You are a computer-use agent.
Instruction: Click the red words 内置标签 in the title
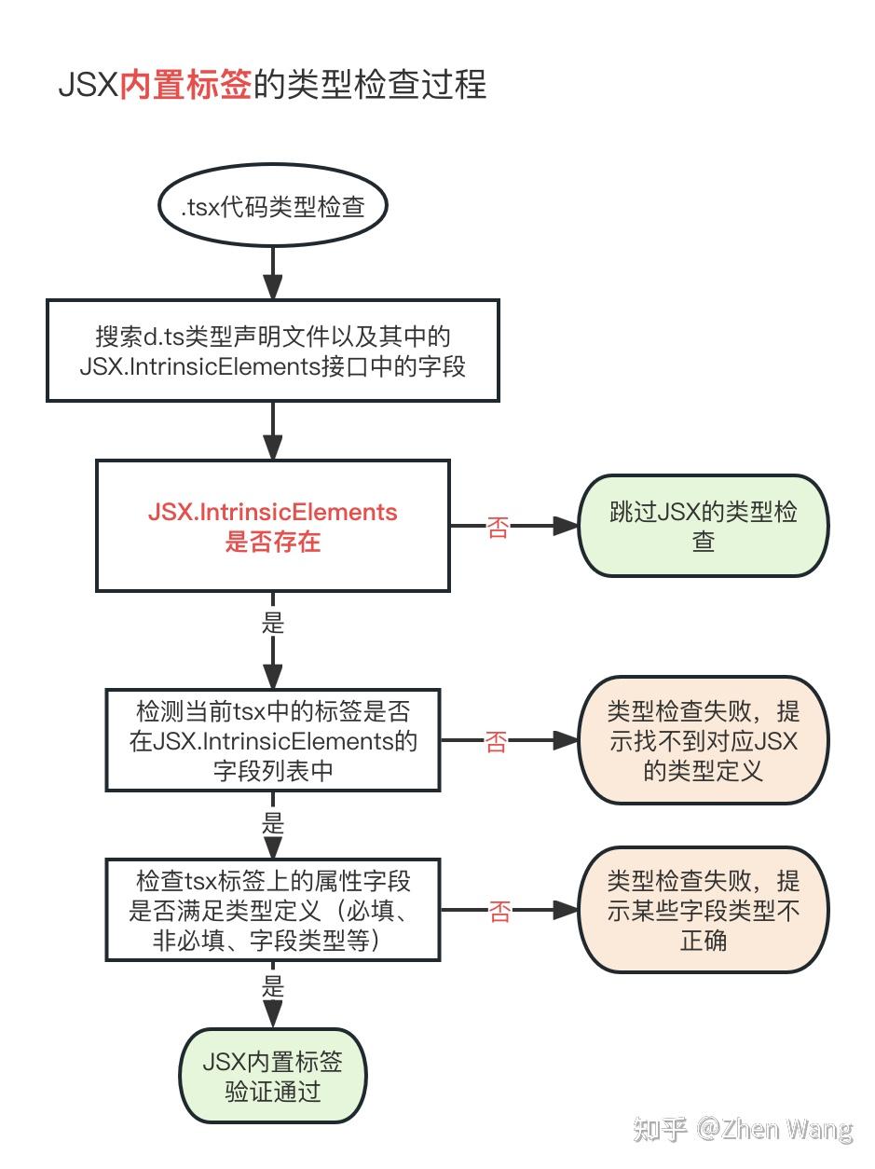[185, 85]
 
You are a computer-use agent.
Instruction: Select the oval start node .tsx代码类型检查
[272, 205]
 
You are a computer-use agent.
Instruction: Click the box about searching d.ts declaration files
[272, 351]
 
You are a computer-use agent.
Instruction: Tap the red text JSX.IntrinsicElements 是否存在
[272, 526]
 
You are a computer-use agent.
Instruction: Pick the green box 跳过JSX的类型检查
[704, 526]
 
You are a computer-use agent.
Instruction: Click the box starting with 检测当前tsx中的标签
[272, 740]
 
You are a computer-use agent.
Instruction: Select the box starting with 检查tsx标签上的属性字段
[272, 910]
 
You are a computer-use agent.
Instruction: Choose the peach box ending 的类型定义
[704, 740]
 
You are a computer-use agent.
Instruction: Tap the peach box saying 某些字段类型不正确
[704, 910]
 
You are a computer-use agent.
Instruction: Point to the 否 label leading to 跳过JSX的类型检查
[499, 528]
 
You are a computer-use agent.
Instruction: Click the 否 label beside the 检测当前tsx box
[496, 741]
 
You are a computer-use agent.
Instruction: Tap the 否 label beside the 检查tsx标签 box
[499, 911]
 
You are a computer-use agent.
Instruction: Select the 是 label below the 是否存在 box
[273, 622]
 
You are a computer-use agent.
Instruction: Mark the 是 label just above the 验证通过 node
[273, 985]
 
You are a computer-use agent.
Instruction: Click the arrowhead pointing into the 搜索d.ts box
[273, 287]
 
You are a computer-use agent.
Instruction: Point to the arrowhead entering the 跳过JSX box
[567, 526]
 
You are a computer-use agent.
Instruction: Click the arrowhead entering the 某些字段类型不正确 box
[567, 910]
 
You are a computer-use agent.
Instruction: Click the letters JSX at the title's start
[89, 85]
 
